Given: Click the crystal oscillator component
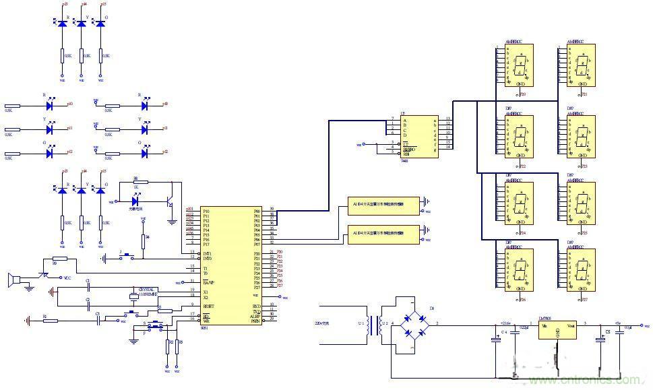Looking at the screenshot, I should pos(133,296).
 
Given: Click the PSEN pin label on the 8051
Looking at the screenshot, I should pos(255,321).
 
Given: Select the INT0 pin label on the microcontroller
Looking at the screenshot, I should pos(208,258).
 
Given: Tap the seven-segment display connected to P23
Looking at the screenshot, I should pos(581,135).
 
